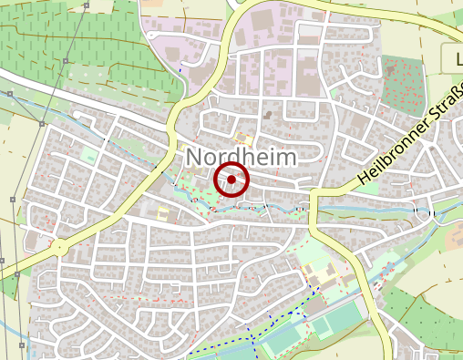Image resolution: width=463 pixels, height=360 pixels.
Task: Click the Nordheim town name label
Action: (x=242, y=157)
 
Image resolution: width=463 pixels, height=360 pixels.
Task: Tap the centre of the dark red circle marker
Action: (x=231, y=180)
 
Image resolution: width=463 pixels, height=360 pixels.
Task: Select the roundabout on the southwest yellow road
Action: (x=59, y=246)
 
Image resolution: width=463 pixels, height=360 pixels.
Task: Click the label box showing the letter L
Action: (x=453, y=59)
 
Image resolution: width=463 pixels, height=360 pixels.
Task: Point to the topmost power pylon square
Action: (x=9, y=93)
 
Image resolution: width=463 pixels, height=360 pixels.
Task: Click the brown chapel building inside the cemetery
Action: (x=389, y=68)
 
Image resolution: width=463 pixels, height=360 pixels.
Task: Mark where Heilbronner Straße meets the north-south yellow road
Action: (x=314, y=194)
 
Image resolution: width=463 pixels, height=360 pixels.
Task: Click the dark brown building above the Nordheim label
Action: (x=268, y=115)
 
